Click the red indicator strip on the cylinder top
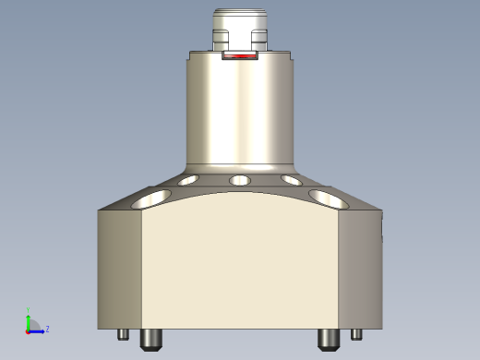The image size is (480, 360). point(240,56)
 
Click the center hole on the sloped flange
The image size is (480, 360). point(240,180)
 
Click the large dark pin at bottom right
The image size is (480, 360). point(328,340)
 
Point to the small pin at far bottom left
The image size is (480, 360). point(122,335)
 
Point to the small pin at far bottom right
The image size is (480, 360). point(356,335)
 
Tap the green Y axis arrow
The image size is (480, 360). point(29,319)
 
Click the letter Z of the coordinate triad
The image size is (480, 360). point(47,329)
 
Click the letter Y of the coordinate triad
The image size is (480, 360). point(28,310)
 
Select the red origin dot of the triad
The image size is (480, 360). point(29,330)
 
